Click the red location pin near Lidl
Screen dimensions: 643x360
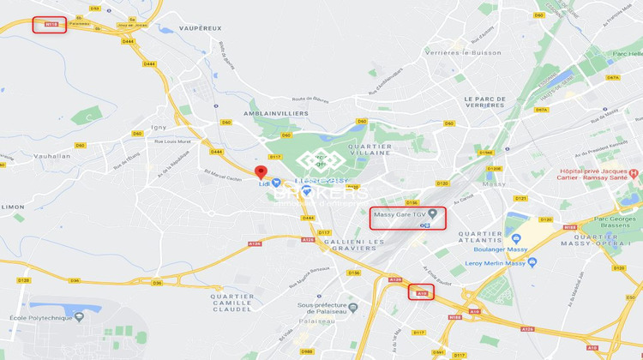click(261, 171)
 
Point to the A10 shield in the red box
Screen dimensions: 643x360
click(421, 292)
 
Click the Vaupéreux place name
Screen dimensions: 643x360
click(201, 28)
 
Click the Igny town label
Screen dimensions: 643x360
click(159, 127)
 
